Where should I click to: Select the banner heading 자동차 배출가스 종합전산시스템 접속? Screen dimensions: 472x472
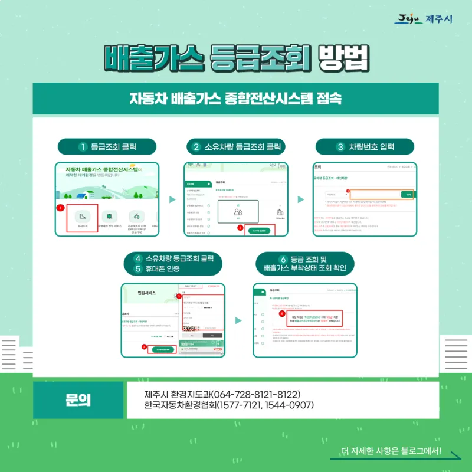[235, 98]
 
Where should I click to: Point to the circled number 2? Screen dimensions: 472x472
[196, 147]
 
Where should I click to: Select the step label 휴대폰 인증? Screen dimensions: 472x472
[172, 269]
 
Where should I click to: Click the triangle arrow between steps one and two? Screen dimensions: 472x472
[172, 199]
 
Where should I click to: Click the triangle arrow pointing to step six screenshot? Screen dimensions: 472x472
[238, 320]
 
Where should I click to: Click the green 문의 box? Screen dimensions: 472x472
[78, 400]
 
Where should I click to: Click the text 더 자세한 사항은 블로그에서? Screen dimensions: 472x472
[391, 452]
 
